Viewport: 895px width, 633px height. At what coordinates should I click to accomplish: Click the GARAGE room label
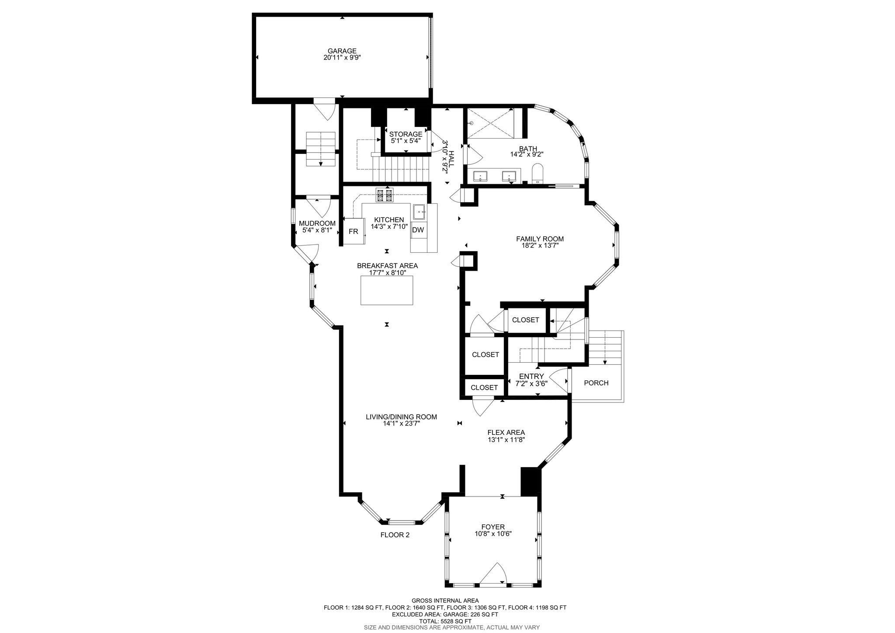coord(342,51)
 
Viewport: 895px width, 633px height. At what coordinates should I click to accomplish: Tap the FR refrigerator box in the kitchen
coord(353,231)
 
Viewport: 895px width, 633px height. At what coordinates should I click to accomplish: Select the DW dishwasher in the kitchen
coord(418,230)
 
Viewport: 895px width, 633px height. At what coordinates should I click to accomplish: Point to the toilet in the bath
coord(538,174)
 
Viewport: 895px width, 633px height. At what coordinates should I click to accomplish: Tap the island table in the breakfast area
coord(387,290)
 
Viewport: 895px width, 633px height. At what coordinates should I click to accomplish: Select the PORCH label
coord(596,383)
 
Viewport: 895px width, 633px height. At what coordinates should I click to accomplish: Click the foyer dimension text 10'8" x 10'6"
coord(493,534)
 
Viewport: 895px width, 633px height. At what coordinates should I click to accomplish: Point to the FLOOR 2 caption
coord(395,535)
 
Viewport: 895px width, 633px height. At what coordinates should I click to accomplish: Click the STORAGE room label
coord(406,134)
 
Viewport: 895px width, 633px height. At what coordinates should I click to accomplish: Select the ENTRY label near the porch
coord(531,376)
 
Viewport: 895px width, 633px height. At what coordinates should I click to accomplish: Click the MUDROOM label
coord(317,223)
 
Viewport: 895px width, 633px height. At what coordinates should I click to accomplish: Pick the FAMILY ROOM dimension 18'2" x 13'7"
coord(540,246)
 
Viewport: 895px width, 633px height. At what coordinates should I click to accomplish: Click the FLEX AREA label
coord(506,433)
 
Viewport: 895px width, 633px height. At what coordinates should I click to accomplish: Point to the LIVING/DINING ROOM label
coord(401,417)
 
